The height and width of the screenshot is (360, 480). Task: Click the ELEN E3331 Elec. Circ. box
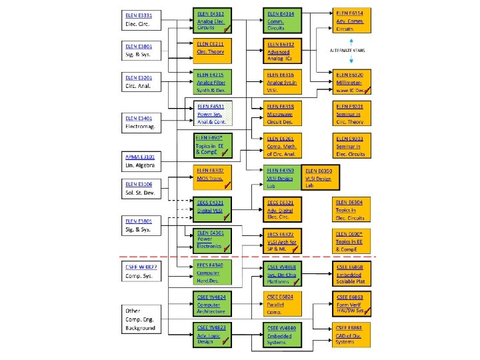tap(141, 20)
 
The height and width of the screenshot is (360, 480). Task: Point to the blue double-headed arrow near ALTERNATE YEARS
tap(351, 51)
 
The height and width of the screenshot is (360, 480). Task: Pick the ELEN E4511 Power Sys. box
tap(212, 113)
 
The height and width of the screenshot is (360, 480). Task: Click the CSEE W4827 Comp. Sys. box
tap(141, 271)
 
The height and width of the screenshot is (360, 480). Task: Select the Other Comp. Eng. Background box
tap(141, 318)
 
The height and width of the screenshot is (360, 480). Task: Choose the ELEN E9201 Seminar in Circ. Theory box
tap(351, 113)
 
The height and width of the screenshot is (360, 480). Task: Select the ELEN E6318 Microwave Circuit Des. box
tap(283, 113)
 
